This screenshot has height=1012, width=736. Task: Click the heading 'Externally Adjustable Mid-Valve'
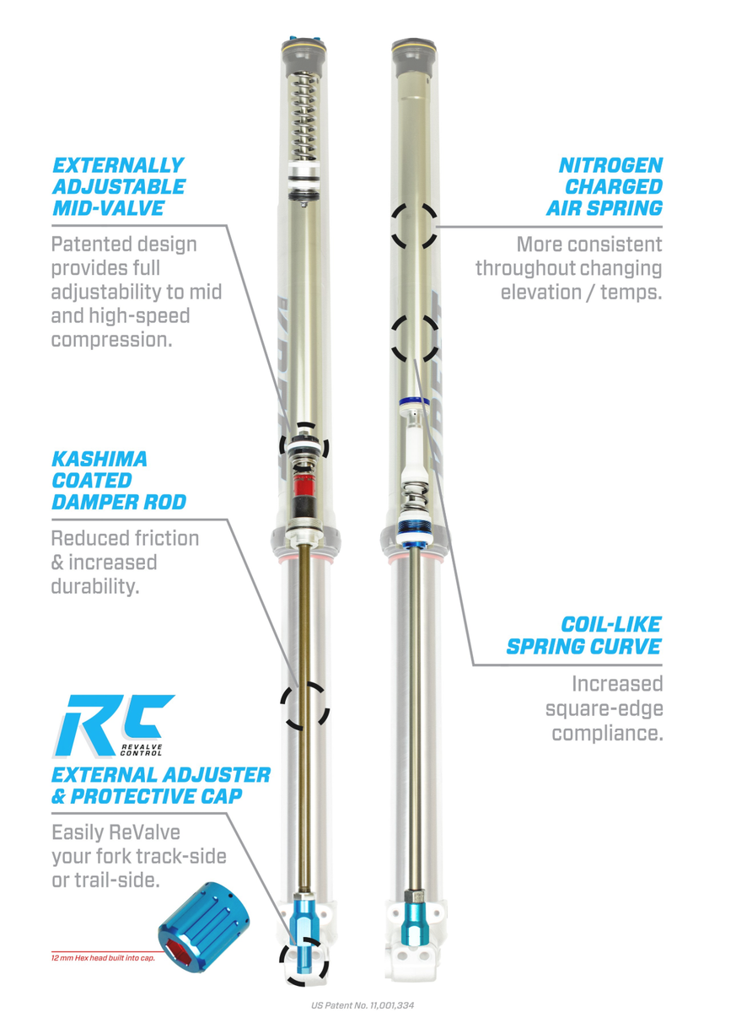coord(117,186)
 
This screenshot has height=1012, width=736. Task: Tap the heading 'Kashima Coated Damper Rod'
coord(118,481)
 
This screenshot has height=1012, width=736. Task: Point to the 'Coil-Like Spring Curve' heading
coord(583,636)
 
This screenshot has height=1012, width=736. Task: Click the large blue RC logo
coord(118,724)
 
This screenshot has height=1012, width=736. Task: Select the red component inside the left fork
coord(304,491)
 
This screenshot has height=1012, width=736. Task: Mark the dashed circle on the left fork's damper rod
coord(304,706)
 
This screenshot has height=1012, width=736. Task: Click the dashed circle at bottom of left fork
coord(304,961)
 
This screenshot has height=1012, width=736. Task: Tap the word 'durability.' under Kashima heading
coord(94,586)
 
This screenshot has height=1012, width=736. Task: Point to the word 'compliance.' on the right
coord(607,732)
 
